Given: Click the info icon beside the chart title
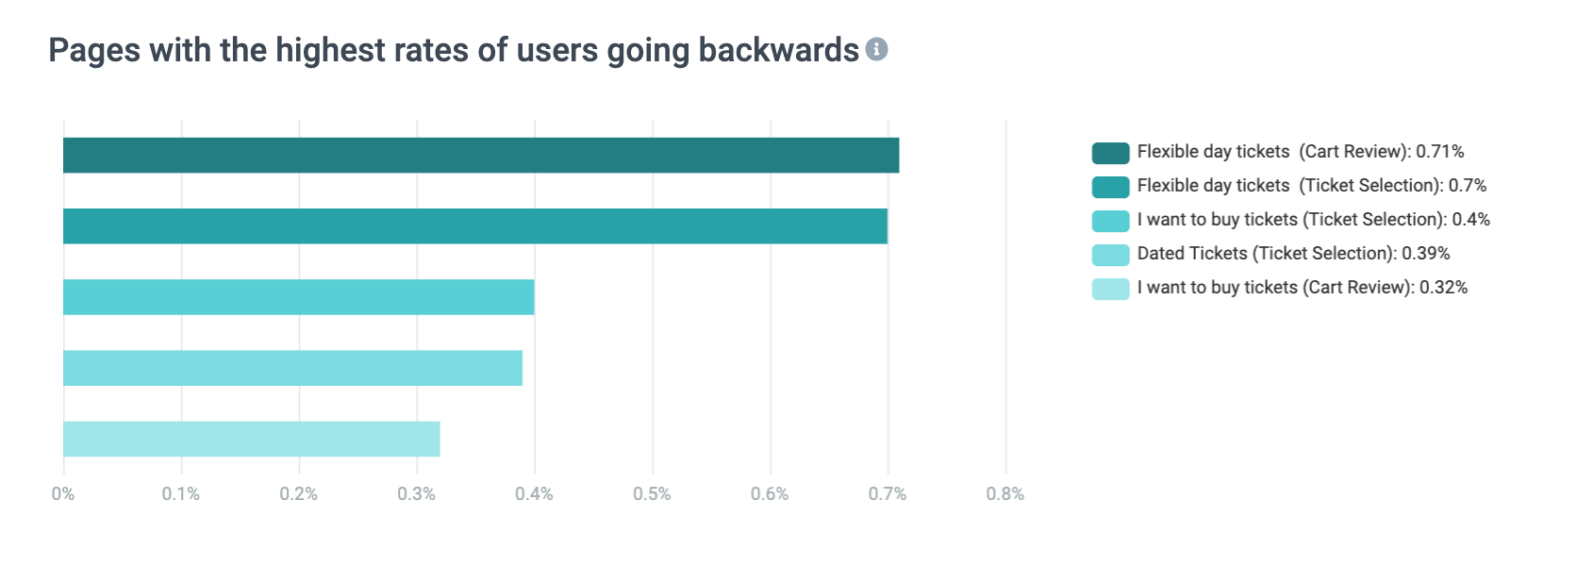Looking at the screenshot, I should tap(877, 49).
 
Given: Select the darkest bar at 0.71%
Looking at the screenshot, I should tap(481, 156).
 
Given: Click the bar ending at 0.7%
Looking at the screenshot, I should tap(475, 226).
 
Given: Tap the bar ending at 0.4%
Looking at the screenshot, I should tap(298, 297).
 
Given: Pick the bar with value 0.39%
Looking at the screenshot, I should tap(292, 368).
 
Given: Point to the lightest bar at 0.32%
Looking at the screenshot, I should tap(251, 439).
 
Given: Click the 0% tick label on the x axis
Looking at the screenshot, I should tap(63, 493).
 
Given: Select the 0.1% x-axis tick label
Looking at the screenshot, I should tap(181, 493).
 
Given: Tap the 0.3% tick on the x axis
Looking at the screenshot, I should tap(416, 493).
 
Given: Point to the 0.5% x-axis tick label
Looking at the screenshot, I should tap(652, 493).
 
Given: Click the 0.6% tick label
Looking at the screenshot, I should tap(770, 493).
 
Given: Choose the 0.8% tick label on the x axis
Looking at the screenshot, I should tap(1004, 493).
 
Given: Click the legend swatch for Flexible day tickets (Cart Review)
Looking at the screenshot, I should tap(1110, 153).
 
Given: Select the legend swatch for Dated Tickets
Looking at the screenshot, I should tap(1110, 255).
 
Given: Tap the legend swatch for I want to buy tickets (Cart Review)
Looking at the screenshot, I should tap(1110, 289).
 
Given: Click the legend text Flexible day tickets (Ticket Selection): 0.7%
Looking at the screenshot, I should tap(1311, 186).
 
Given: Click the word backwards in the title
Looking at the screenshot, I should tap(778, 50).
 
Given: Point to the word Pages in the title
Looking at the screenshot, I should tap(94, 51).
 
